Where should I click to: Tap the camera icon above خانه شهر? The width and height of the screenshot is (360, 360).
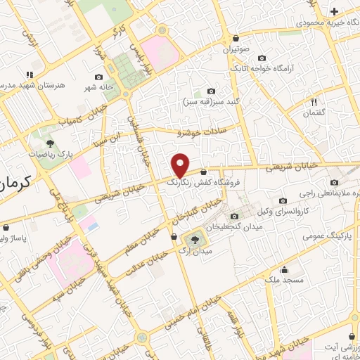98,77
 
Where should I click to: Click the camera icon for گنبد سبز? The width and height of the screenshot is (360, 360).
212,91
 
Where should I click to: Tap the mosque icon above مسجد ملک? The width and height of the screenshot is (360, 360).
285,269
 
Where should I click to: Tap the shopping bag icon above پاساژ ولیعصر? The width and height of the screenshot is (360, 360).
7,228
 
